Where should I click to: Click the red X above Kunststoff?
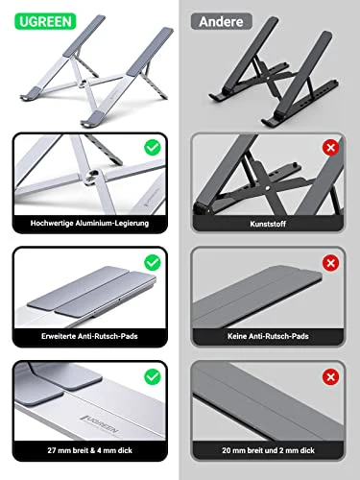point(331,148)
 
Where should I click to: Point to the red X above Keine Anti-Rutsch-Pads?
point(331,260)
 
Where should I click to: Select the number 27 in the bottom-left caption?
point(49,450)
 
